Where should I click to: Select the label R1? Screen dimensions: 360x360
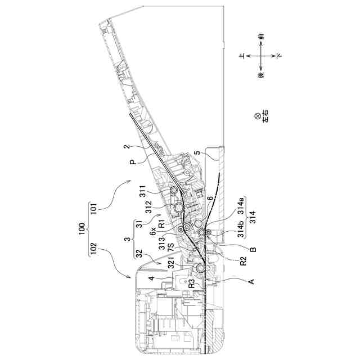pyautogui.click(x=161, y=224)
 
